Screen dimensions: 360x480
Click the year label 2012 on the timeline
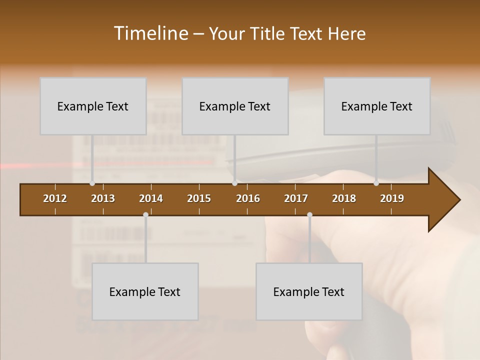pyautogui.click(x=55, y=198)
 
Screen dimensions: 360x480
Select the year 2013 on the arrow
pyautogui.click(x=103, y=198)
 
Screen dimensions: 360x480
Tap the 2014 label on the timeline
pyautogui.click(x=151, y=198)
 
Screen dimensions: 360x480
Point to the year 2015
pyautogui.click(x=199, y=198)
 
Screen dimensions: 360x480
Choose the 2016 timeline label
pyautogui.click(x=248, y=198)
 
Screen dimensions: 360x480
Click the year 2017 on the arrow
pyautogui.click(x=296, y=198)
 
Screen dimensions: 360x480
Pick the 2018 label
pyautogui.click(x=344, y=198)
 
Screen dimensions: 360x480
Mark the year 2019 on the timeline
pyautogui.click(x=392, y=198)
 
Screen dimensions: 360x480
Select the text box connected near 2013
pyautogui.click(x=93, y=106)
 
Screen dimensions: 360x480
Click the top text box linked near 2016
pyautogui.click(x=235, y=106)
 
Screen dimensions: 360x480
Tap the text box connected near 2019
pyautogui.click(x=377, y=106)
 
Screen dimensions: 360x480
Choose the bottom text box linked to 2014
pyautogui.click(x=145, y=291)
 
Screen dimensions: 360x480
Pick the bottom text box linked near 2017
pyautogui.click(x=309, y=291)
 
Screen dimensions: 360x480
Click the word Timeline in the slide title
pyautogui.click(x=151, y=33)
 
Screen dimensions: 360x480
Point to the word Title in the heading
pyautogui.click(x=269, y=33)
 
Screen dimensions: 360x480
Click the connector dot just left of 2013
pyautogui.click(x=92, y=183)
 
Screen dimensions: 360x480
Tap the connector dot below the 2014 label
pyautogui.click(x=145, y=215)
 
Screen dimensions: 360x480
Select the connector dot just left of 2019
pyautogui.click(x=376, y=183)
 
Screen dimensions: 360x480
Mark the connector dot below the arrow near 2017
pyautogui.click(x=309, y=215)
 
